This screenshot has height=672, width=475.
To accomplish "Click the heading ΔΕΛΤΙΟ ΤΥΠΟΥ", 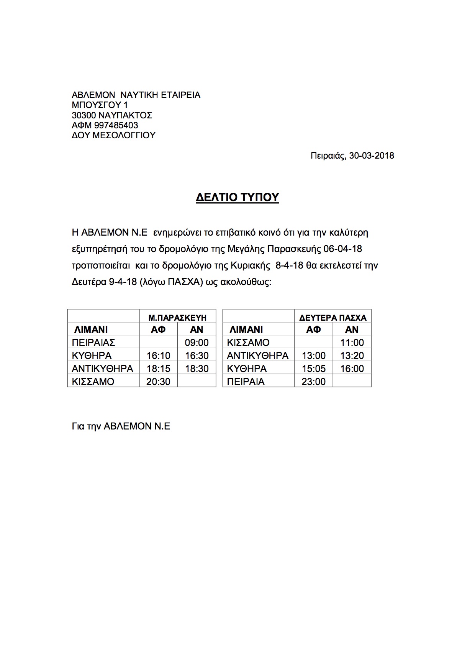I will click(237, 197).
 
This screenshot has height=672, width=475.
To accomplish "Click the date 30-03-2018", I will click(372, 156).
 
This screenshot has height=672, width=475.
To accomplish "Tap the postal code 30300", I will click(84, 115).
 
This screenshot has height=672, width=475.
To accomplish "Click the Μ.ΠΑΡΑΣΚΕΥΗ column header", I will click(177, 318).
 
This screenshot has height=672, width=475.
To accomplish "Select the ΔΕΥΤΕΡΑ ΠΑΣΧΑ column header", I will click(332, 318).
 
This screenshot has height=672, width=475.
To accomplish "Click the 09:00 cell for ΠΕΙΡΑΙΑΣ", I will click(197, 343).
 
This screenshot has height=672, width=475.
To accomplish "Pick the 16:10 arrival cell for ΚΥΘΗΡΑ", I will click(158, 356).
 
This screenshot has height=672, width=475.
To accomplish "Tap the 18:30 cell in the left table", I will click(197, 369).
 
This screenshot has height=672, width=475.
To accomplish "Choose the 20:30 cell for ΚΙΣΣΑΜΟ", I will click(158, 382).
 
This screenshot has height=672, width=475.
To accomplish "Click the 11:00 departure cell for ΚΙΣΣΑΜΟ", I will click(352, 343).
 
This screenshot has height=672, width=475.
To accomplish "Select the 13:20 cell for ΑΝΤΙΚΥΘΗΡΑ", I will click(352, 356).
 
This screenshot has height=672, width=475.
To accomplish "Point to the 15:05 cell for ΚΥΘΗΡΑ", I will click(313, 369).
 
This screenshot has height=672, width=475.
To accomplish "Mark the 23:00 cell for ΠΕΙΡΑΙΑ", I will click(313, 382).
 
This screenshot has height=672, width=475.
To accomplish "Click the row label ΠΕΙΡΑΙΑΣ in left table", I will click(93, 343).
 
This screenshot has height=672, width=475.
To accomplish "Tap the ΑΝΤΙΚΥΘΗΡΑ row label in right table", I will click(257, 356).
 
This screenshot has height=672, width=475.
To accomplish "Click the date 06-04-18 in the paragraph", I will click(342, 249).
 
